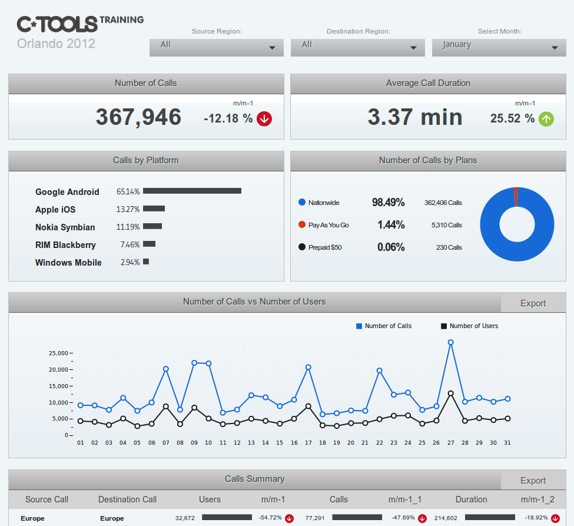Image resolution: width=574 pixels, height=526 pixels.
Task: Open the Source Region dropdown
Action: pyautogui.click(x=216, y=47)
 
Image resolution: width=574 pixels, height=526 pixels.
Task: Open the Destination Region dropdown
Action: pyautogui.click(x=357, y=47)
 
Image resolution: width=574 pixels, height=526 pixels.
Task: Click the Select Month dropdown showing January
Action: pyautogui.click(x=499, y=47)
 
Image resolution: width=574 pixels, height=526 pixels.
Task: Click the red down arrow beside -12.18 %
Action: pyautogui.click(x=264, y=119)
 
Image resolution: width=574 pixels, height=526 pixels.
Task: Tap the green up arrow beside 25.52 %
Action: pyautogui.click(x=546, y=119)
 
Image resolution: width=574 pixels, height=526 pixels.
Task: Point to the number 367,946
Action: pyautogui.click(x=138, y=117)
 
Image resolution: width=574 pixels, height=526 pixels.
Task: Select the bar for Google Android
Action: pyautogui.click(x=192, y=191)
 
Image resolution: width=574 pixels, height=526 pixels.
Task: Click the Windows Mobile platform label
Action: pyautogui.click(x=68, y=263)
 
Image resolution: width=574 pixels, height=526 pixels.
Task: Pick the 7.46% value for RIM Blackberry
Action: pyautogui.click(x=130, y=244)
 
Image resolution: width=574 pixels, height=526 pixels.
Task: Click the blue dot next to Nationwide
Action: pyautogui.click(x=302, y=203)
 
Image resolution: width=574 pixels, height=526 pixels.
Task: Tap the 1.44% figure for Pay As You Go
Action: pyautogui.click(x=391, y=225)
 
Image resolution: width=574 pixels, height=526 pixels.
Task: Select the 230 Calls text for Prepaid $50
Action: pyautogui.click(x=449, y=247)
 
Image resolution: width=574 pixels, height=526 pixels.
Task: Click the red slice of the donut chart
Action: pyautogui.click(x=515, y=196)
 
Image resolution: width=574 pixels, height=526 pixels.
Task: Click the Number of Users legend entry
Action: pyautogui.click(x=469, y=326)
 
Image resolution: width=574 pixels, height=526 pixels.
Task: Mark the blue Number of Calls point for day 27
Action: pyautogui.click(x=450, y=342)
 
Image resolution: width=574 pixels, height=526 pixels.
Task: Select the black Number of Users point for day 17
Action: pyautogui.click(x=308, y=406)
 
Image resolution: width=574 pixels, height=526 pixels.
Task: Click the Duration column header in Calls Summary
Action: pyautogui.click(x=471, y=499)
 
